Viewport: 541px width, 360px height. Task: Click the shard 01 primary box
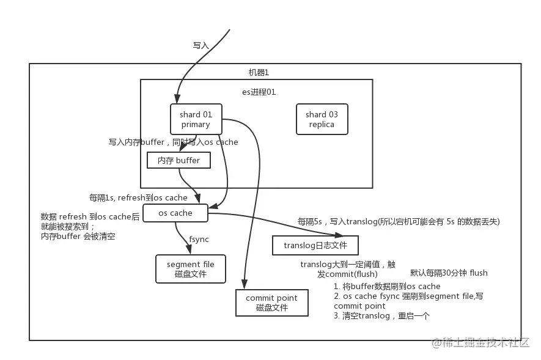tap(196, 119)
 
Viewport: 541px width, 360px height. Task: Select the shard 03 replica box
tap(322, 119)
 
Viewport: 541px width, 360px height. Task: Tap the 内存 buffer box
tap(178, 160)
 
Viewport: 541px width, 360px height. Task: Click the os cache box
tap(175, 213)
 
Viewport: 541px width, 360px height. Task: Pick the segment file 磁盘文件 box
tap(191, 269)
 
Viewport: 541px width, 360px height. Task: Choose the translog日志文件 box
tap(315, 246)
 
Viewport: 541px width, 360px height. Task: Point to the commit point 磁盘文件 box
tap(271, 303)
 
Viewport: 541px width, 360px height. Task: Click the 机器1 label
tap(259, 73)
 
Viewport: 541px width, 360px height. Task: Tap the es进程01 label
tap(259, 92)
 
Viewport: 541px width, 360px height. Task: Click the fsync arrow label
tap(200, 239)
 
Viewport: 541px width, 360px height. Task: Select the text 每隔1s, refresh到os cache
tap(138, 197)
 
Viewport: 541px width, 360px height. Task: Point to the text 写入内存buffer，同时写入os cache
tap(174, 142)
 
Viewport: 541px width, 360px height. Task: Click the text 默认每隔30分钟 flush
tap(449, 273)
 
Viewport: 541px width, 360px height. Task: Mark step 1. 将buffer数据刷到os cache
tap(387, 286)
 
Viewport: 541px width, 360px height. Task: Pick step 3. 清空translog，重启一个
tap(383, 315)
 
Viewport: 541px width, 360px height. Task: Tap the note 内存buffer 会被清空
tap(78, 236)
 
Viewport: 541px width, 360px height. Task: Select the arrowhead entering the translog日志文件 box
tap(339, 235)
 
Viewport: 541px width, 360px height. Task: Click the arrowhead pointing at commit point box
tap(245, 284)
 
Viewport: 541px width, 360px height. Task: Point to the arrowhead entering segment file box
tap(187, 249)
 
